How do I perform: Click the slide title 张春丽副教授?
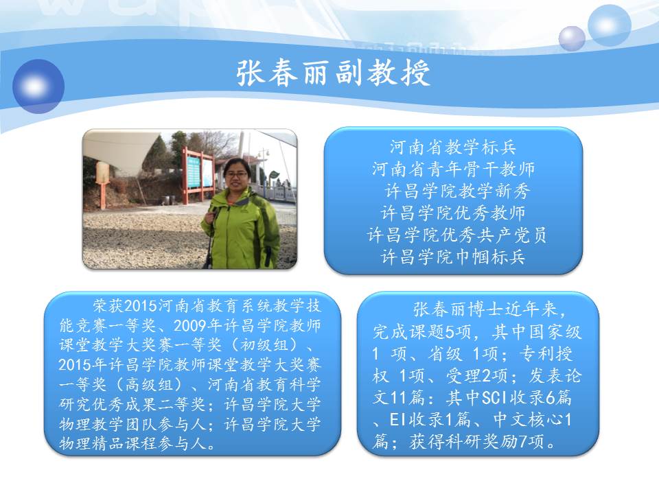(x=334, y=73)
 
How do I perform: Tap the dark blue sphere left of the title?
(x=38, y=86)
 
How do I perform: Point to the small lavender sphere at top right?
(x=572, y=38)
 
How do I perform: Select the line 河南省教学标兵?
(x=452, y=148)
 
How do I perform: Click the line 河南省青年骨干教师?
(x=453, y=169)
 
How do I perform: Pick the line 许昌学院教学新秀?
(x=457, y=191)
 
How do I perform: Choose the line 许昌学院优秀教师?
(x=453, y=213)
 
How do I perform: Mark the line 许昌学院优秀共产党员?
(x=457, y=235)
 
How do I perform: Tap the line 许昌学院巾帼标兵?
(x=453, y=257)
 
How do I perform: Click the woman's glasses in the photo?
(x=238, y=174)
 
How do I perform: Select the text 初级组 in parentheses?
(x=265, y=345)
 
